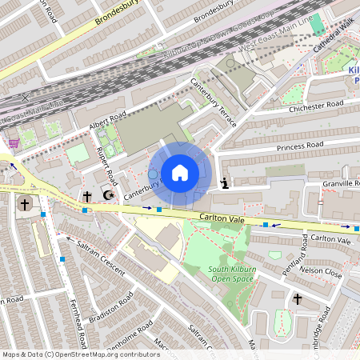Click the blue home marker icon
[180, 173]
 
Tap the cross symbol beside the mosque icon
[87, 195]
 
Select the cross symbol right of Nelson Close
[297, 299]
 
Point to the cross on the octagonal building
[25, 204]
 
